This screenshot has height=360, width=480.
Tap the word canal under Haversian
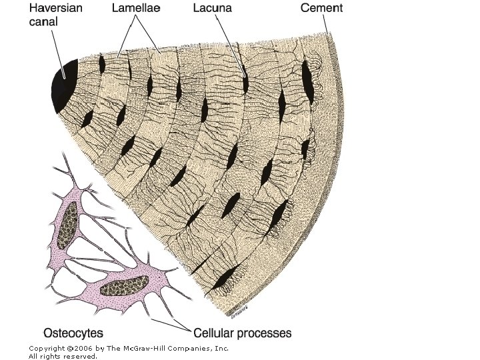[x=41, y=21]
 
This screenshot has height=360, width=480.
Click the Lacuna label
[x=213, y=9]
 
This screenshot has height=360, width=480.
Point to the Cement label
[x=321, y=9]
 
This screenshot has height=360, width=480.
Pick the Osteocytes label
[x=73, y=331]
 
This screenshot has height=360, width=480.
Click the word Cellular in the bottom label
[x=217, y=331]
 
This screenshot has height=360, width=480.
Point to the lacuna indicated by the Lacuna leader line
[x=245, y=83]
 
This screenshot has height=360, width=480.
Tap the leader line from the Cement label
[x=326, y=25]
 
